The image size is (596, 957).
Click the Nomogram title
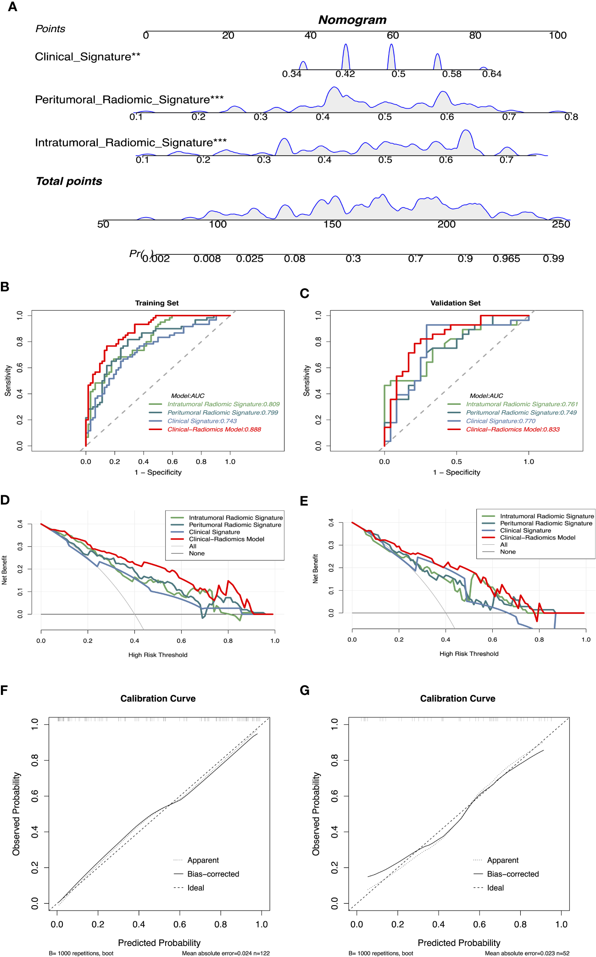(x=352, y=20)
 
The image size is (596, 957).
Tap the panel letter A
(x=12, y=7)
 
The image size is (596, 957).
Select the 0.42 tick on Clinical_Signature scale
(x=345, y=74)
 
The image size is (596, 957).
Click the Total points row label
(x=69, y=181)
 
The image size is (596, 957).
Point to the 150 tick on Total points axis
(x=332, y=224)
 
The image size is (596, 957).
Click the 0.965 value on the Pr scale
(x=506, y=259)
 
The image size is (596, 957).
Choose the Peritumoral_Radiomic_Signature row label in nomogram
(x=129, y=100)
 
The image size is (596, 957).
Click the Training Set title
(x=156, y=303)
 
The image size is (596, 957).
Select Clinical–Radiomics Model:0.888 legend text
(x=214, y=430)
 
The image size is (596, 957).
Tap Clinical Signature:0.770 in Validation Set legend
(x=501, y=421)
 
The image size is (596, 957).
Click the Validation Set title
(x=455, y=303)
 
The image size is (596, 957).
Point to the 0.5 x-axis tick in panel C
(x=457, y=462)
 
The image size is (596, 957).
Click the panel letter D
(x=5, y=500)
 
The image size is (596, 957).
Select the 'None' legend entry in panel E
(x=507, y=552)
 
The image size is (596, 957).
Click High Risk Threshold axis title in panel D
(x=158, y=655)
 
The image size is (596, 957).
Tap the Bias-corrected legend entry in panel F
(x=213, y=874)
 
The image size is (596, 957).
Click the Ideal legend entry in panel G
(x=495, y=888)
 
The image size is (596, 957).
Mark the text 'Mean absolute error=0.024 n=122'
(x=226, y=953)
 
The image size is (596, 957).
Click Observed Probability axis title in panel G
(x=316, y=814)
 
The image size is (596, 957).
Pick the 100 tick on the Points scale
(x=557, y=35)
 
